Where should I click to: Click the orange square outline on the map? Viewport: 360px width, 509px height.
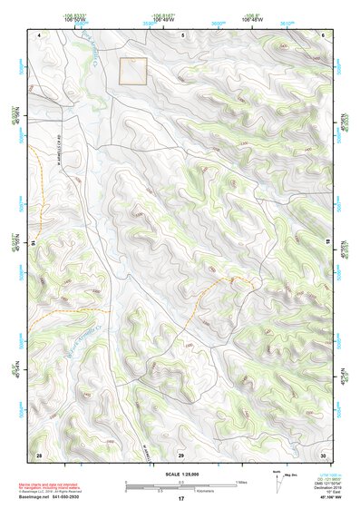point(133,72)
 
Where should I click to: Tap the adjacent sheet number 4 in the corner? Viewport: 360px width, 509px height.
point(40,34)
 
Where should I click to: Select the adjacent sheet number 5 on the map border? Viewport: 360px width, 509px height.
point(181,34)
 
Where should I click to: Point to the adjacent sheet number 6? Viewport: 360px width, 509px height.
point(323,34)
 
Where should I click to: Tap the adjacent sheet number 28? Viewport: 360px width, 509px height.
point(39,454)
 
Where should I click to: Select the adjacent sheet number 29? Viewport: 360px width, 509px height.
point(181,454)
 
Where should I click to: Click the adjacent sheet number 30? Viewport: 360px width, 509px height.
point(323,454)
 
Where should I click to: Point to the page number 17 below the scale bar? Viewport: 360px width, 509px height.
point(181,499)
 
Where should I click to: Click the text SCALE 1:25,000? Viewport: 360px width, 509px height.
point(181,474)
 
